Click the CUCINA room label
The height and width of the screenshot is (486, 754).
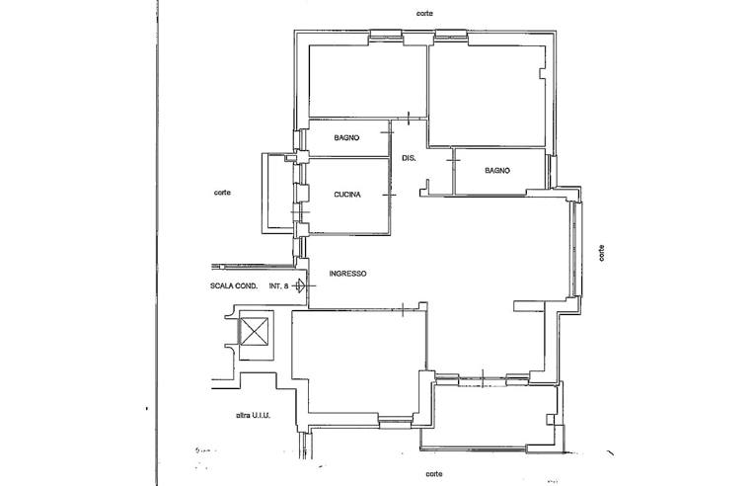(347, 195)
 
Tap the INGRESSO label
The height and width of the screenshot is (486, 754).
(347, 274)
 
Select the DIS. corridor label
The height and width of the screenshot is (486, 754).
(409, 158)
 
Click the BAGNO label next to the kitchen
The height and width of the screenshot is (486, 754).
(346, 137)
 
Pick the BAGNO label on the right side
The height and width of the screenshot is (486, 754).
(497, 170)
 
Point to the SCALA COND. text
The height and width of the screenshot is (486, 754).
(234, 285)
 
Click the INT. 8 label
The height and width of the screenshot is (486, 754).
(279, 285)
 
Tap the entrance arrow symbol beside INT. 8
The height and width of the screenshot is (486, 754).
(299, 285)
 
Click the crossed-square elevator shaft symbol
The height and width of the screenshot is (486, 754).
(254, 332)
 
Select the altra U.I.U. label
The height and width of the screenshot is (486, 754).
(253, 415)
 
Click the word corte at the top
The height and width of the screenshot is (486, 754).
(424, 14)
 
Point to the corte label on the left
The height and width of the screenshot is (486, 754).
(222, 193)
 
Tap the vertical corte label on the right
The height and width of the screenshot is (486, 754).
(601, 253)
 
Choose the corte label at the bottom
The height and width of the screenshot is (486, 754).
(434, 474)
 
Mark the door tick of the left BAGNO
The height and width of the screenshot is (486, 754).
(387, 132)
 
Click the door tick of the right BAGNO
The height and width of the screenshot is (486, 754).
(453, 160)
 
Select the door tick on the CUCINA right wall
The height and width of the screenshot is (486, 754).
(389, 195)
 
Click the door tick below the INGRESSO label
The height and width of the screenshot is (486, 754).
(402, 310)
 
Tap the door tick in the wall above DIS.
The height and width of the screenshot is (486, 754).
(409, 118)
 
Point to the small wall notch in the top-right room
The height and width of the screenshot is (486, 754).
(543, 73)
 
